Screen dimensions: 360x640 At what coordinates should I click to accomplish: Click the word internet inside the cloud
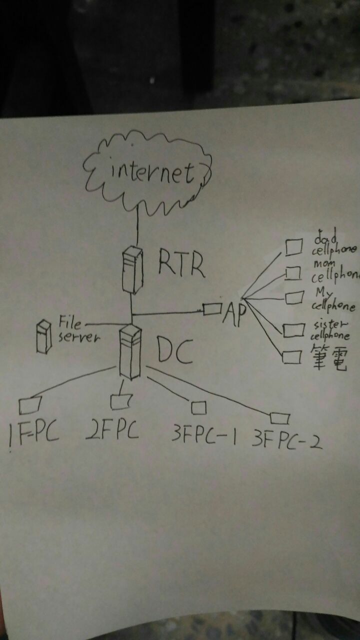(152, 172)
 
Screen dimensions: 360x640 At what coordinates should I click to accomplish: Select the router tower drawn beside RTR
(132, 270)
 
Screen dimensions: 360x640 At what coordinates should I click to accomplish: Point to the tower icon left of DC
(130, 351)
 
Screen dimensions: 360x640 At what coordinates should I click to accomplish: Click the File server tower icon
(44, 337)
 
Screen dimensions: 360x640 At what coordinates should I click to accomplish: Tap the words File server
(79, 329)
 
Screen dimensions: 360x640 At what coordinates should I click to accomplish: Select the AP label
(235, 313)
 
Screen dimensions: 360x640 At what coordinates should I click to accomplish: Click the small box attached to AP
(212, 309)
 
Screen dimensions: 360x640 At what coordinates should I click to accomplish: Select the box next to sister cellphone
(293, 330)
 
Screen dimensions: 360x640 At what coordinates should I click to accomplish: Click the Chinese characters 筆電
(329, 356)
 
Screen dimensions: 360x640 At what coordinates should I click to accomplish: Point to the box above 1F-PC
(30, 405)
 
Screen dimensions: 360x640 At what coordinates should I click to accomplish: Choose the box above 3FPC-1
(198, 407)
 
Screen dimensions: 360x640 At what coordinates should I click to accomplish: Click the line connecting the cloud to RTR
(137, 225)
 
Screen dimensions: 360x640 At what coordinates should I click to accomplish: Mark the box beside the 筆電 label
(292, 357)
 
